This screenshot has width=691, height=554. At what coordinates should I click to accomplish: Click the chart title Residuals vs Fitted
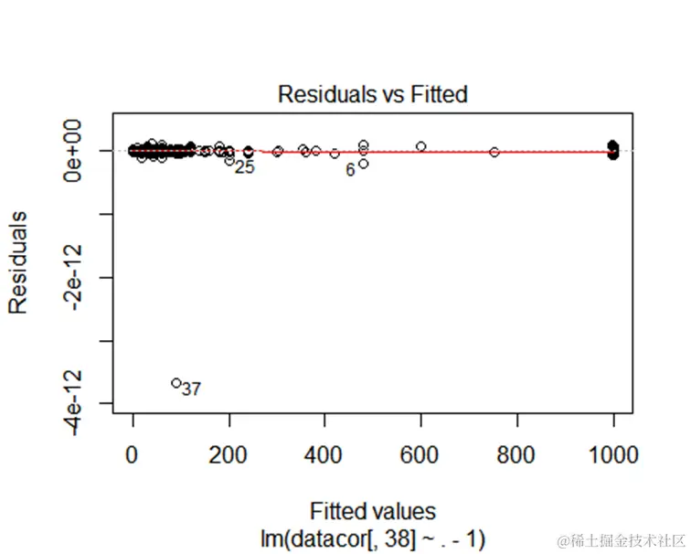pos(372,94)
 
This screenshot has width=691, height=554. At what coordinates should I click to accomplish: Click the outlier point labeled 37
pos(176,383)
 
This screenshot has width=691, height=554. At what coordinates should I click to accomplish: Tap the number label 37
pos(191,389)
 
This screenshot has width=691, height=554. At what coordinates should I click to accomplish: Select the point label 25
pos(244,167)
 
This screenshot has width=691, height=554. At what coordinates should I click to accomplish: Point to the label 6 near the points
pos(350,170)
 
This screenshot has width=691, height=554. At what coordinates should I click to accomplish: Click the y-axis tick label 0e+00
pos(78,150)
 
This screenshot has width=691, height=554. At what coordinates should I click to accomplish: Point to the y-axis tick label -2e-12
pos(78,277)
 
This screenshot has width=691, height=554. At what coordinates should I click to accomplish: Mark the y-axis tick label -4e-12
pos(78,403)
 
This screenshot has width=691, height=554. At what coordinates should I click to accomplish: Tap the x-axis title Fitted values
pos(372,510)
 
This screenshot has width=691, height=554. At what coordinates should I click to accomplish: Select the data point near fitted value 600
pos(421,146)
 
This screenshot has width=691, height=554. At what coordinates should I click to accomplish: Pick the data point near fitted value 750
pos(494,152)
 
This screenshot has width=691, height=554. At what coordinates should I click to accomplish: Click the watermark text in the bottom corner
pos(621,539)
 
